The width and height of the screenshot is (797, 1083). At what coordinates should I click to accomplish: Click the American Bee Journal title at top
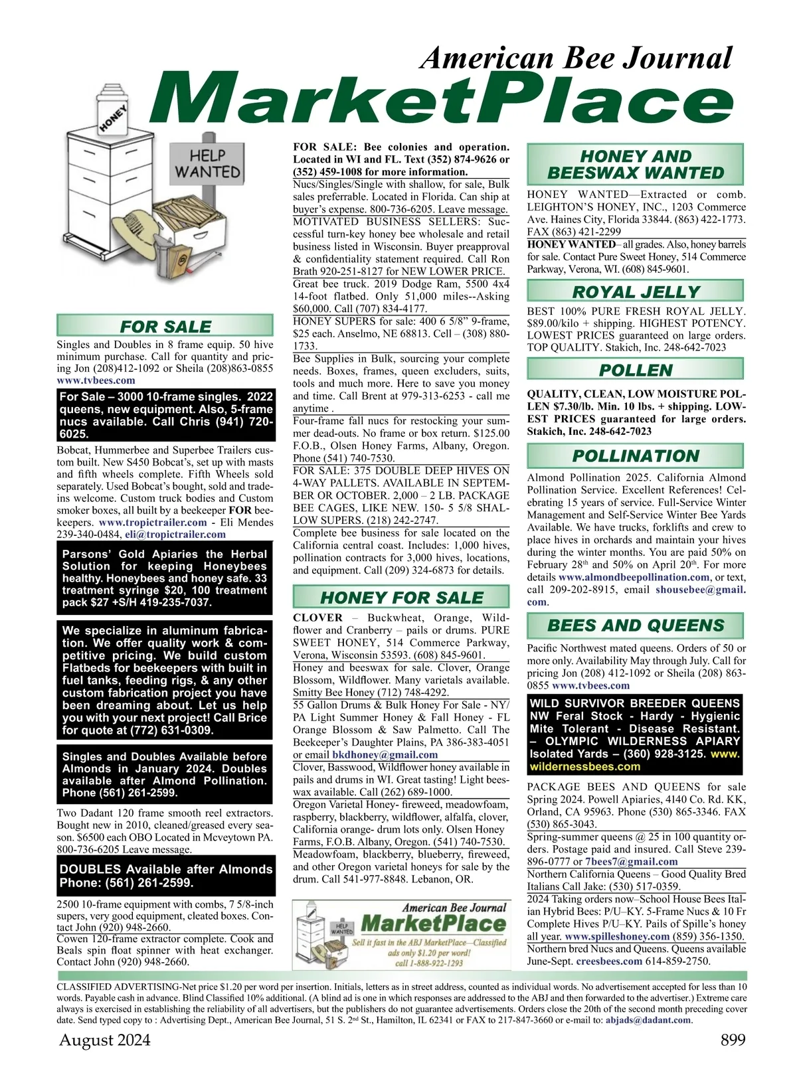coord(576,58)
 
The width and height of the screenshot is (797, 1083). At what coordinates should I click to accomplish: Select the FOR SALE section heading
coord(165,326)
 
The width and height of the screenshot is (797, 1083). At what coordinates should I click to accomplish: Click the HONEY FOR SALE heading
coord(401,597)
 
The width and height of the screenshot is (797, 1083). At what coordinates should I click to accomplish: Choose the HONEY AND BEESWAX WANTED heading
coord(635,165)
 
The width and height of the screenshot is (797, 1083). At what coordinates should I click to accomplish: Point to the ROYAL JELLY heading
coord(636,292)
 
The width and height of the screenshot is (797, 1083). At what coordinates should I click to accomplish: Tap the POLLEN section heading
coord(636,370)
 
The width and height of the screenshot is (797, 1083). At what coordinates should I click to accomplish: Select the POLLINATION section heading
coord(636,456)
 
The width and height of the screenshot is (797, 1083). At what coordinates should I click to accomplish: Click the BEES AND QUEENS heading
coord(636,625)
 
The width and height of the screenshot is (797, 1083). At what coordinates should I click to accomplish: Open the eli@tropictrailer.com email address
coord(175,535)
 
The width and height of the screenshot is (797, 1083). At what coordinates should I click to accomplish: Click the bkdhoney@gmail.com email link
coord(385,754)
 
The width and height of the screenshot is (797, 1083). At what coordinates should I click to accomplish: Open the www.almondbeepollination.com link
coord(634,577)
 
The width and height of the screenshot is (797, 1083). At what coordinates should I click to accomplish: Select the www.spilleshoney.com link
coord(617,936)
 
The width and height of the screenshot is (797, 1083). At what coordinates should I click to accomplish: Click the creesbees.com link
coord(609,961)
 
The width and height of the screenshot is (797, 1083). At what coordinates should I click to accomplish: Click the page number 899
coord(733,1040)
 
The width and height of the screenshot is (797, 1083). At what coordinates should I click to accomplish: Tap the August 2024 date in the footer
coord(105,1040)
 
